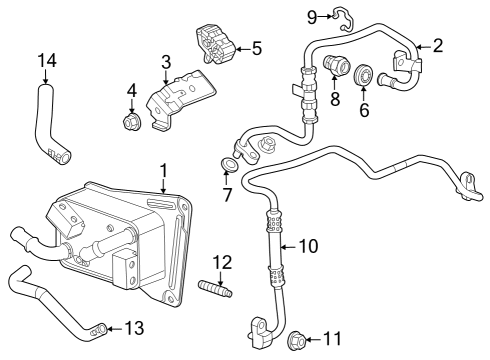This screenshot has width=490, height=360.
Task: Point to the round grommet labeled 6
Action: (364, 75)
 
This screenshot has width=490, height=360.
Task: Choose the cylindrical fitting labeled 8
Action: (334, 71)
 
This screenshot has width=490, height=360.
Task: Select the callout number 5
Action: (256, 47)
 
